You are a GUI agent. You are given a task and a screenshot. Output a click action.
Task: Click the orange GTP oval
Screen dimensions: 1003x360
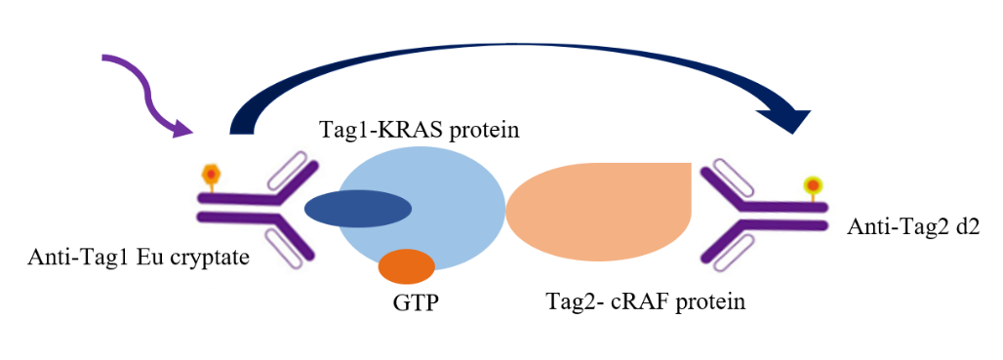click(x=407, y=266)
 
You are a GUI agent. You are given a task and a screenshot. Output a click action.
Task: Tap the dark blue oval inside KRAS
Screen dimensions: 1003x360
click(x=357, y=209)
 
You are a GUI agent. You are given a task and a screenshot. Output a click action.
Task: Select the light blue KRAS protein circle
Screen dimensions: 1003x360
click(x=421, y=211)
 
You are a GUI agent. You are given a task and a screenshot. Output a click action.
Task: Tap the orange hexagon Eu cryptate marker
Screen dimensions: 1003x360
click(x=211, y=174)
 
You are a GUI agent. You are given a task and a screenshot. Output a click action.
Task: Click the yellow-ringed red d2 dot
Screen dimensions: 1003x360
click(x=813, y=185)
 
